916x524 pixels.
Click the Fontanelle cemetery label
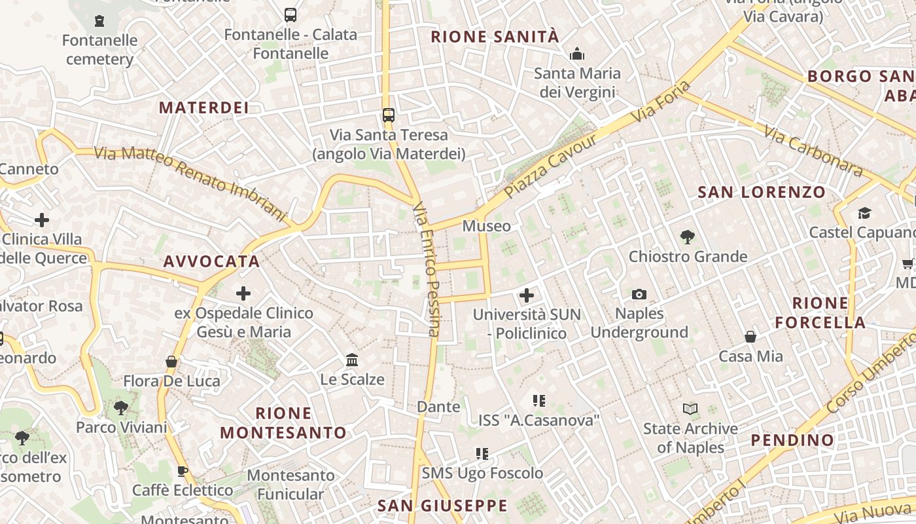click(100, 50)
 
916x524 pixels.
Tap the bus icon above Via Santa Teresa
click(389, 115)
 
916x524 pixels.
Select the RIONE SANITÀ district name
click(495, 37)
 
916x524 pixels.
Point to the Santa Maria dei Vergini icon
click(576, 54)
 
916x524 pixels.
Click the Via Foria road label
click(661, 101)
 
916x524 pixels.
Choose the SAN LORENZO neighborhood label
click(762, 193)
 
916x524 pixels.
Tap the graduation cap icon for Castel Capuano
click(864, 214)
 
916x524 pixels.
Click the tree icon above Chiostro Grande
click(687, 237)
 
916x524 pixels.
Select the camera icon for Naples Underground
click(639, 295)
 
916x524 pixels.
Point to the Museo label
click(486, 227)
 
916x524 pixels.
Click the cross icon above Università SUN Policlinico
click(527, 295)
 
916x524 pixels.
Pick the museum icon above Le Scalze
click(352, 360)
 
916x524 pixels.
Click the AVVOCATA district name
click(211, 262)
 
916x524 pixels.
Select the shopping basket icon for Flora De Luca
click(171, 362)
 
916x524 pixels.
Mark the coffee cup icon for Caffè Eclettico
click(183, 471)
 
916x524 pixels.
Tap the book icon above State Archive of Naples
click(690, 409)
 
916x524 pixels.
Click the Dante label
click(438, 407)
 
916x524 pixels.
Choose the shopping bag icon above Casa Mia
click(750, 337)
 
